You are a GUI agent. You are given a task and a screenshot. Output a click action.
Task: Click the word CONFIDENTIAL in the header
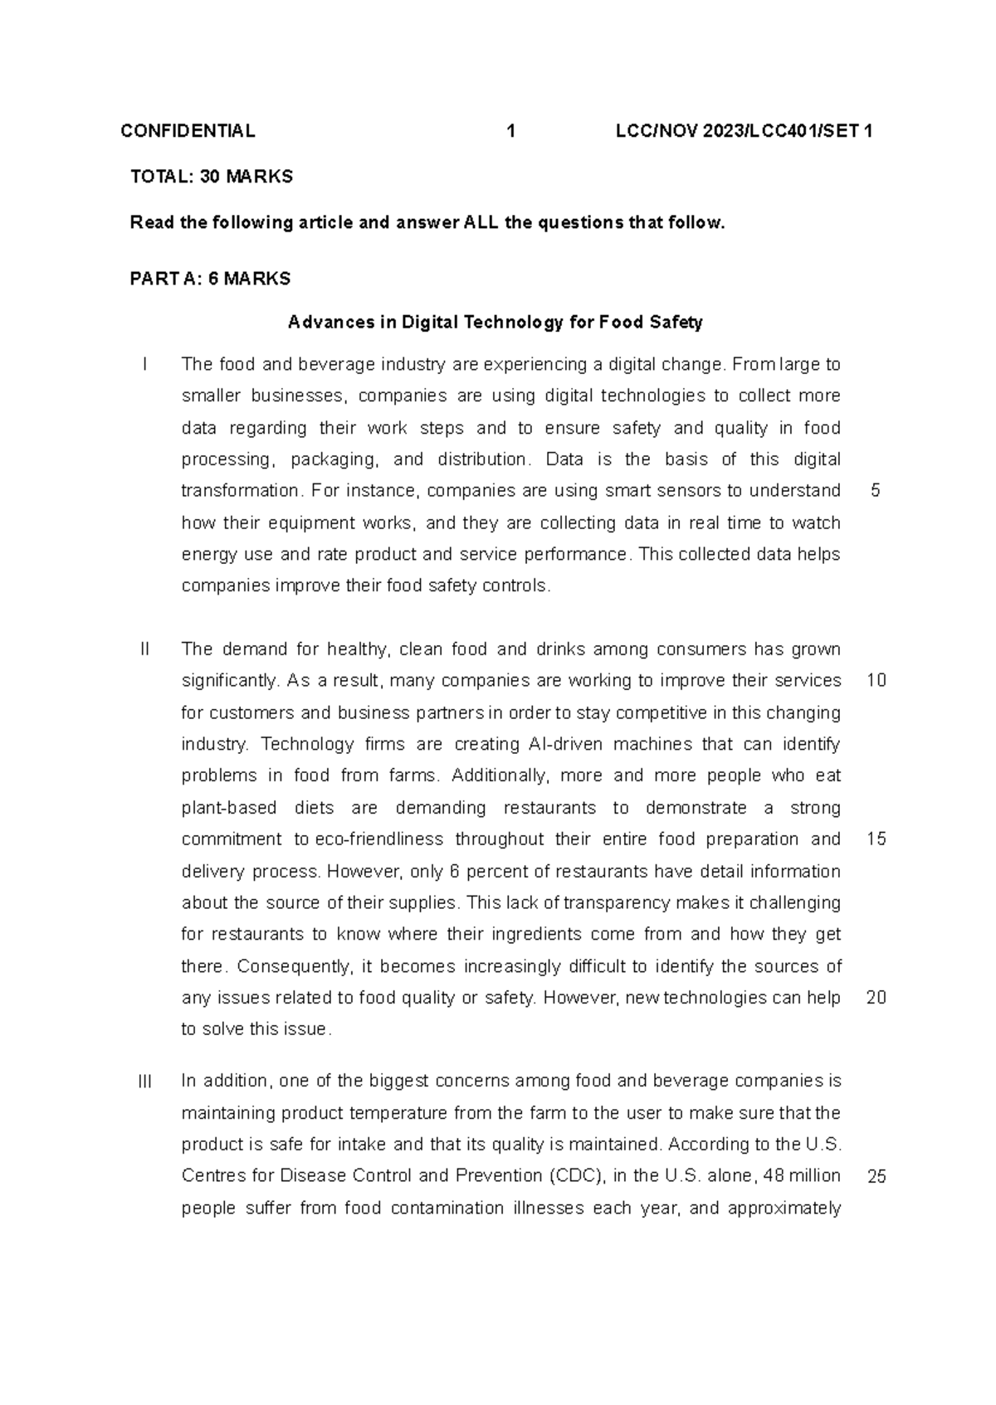[188, 131]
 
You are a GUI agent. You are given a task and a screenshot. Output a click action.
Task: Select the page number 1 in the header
[511, 131]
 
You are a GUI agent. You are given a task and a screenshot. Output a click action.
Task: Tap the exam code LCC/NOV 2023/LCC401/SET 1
[744, 131]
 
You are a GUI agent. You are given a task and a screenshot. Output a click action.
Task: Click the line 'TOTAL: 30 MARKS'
[212, 177]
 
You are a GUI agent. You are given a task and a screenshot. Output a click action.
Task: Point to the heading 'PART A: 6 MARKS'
[210, 280]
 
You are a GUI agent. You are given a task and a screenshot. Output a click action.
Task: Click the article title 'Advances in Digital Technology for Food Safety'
[496, 323]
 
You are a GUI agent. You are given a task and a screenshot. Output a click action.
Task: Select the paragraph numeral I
[145, 364]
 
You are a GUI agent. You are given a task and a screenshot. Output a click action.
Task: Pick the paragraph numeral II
[145, 649]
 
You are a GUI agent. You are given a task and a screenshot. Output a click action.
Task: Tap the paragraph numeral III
[145, 1082]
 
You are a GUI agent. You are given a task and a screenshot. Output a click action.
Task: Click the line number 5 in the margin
[876, 491]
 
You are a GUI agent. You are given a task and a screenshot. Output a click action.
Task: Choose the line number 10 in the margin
[876, 681]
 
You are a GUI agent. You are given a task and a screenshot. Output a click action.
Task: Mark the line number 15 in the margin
[876, 839]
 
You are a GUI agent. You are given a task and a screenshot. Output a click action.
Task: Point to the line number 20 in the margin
[876, 998]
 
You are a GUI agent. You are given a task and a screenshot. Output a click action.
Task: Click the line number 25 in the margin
[876, 1177]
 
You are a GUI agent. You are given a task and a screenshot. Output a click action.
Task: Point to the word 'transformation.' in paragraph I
[242, 491]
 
